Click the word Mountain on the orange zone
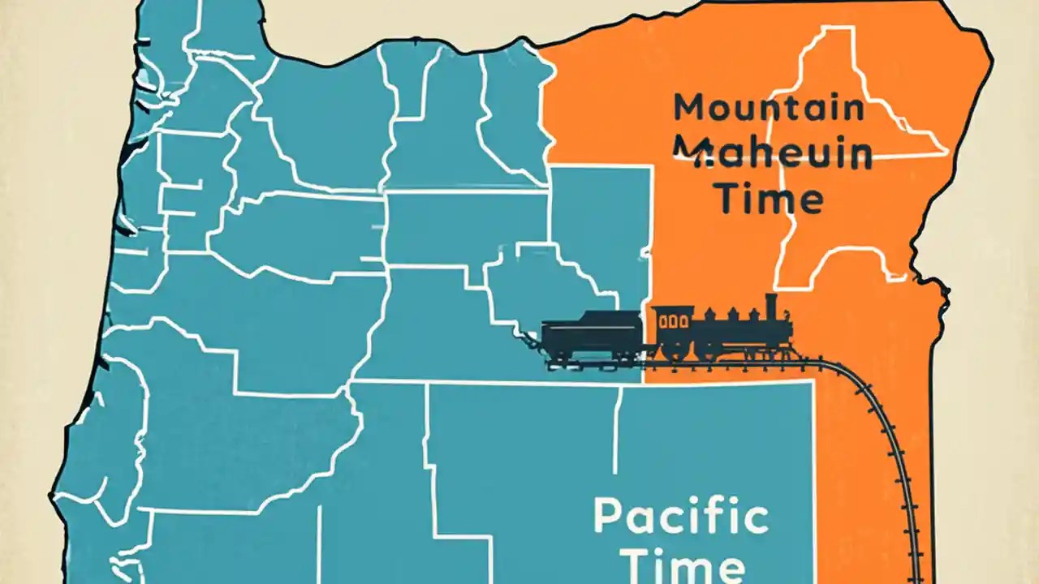click(x=769, y=108)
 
